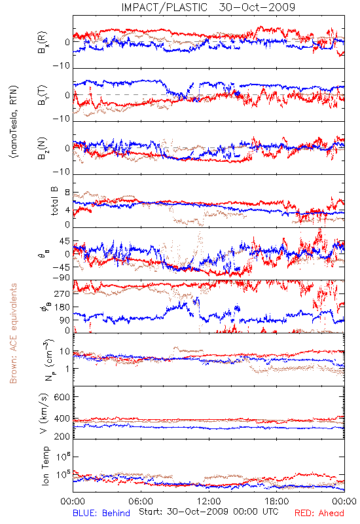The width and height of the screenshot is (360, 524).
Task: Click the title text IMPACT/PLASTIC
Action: [164, 7]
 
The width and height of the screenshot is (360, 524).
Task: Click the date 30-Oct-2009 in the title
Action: [257, 7]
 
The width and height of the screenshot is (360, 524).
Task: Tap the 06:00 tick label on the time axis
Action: [141, 501]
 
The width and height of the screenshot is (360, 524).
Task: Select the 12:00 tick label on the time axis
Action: [209, 501]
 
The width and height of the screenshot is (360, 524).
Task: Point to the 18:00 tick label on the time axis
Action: [276, 501]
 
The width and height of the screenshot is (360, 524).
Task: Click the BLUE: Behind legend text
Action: [101, 513]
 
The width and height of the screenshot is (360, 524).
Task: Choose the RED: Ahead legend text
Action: [319, 513]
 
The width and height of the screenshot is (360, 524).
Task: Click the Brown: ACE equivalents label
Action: [13, 333]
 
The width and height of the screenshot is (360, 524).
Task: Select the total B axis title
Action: [54, 201]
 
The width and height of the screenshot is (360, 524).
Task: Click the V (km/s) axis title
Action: [44, 413]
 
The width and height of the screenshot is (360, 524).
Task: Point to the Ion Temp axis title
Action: [45, 466]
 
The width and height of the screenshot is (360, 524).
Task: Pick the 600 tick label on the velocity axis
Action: [62, 397]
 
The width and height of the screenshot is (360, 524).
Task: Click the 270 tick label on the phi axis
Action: [62, 294]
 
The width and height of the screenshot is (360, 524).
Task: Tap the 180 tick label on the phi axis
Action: [62, 307]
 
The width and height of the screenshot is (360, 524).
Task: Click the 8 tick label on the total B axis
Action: [67, 193]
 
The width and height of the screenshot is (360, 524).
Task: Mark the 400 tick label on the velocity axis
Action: [62, 419]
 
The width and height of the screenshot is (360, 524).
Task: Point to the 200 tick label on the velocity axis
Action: [62, 436]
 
